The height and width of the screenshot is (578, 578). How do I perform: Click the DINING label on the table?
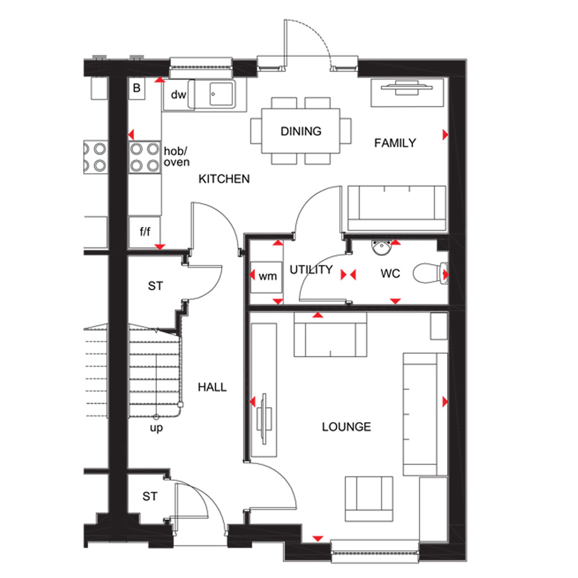pos(301,131)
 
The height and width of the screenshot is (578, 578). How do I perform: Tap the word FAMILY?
pos(395,143)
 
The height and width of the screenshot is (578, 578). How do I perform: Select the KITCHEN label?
pos(224,179)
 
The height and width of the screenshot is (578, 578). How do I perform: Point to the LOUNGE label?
pos(346,427)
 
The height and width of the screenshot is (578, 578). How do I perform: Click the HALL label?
pos(212,387)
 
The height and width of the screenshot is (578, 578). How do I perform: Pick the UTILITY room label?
pos(311,270)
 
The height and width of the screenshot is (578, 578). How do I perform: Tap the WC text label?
pos(390,274)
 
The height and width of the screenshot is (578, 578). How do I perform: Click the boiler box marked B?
pos(137,88)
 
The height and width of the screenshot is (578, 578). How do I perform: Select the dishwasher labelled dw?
pos(178,95)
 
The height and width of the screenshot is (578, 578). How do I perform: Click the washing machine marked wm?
pos(266,277)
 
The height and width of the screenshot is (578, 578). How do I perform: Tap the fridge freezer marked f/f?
pos(144,232)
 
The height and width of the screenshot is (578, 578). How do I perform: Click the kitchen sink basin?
pos(221,94)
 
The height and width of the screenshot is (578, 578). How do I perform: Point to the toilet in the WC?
pos(431,273)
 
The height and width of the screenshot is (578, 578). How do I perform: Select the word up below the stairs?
pos(156,428)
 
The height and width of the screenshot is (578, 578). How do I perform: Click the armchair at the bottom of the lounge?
pos(369,499)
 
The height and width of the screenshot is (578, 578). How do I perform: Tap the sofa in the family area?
pos(397,208)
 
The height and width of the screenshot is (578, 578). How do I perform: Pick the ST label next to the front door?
pos(150,497)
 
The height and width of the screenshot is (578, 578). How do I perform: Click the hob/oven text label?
pos(177,157)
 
